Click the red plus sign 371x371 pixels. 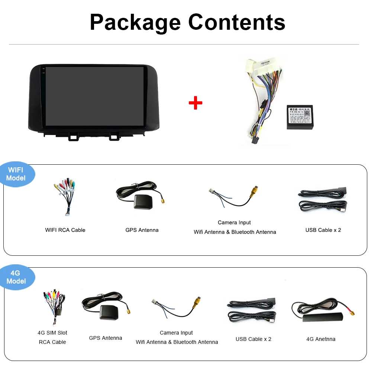point(195,103)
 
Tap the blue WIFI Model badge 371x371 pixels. point(16,174)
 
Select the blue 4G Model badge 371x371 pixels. point(16,277)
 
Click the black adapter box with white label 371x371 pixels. point(300,117)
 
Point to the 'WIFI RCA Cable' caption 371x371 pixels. point(65,230)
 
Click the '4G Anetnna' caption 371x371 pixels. point(321,339)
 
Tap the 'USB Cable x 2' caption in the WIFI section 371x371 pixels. point(323,230)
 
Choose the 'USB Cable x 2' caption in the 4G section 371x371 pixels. point(254,339)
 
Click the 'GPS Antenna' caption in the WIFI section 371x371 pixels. point(142,230)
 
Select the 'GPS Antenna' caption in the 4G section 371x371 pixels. point(106,338)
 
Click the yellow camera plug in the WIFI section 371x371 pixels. point(254,191)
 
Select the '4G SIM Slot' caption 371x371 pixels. point(52,333)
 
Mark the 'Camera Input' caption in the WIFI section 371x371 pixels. point(234,223)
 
